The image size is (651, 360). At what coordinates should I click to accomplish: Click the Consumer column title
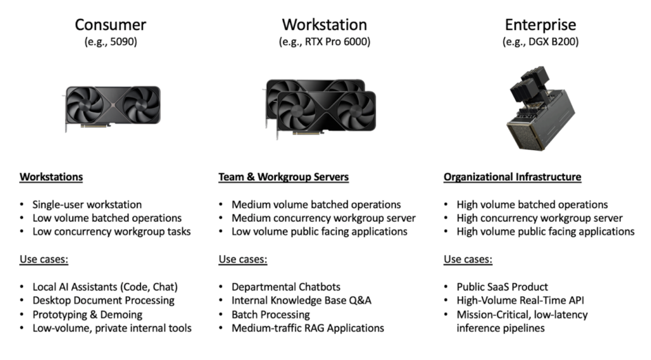click(111, 25)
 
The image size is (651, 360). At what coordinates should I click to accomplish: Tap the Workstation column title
click(324, 25)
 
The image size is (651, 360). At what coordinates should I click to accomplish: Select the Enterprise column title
click(540, 25)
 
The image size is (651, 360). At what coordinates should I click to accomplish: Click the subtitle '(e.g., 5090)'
click(111, 42)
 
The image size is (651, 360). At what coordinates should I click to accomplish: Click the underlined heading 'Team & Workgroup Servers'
click(284, 177)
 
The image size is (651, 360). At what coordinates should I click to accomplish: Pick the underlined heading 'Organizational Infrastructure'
click(512, 177)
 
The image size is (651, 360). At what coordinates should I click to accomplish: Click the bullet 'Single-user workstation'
click(87, 205)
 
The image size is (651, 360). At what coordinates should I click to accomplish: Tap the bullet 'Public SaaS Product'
click(502, 287)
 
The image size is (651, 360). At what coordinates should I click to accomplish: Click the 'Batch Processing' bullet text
click(270, 314)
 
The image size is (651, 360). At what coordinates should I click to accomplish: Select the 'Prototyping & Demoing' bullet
click(88, 314)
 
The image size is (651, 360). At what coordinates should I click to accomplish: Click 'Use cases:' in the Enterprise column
click(467, 260)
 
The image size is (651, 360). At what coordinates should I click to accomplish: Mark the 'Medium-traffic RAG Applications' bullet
click(308, 328)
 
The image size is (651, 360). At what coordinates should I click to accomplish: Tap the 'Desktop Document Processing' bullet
click(104, 300)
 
